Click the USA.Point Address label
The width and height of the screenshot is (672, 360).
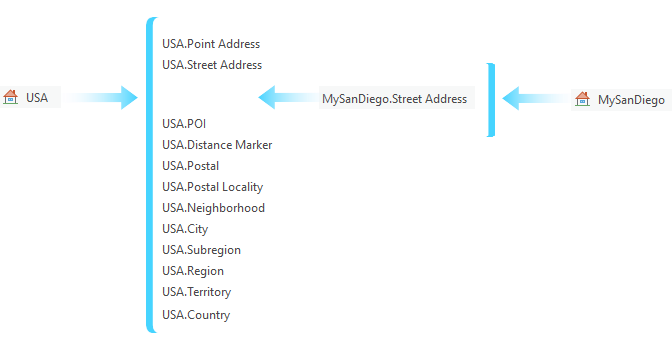210,44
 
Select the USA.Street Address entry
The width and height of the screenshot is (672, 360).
211,65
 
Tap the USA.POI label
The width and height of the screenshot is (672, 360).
183,123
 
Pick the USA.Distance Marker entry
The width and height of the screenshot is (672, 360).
216,145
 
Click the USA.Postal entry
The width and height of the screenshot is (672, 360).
190,166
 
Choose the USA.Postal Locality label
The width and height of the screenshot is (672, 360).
212,187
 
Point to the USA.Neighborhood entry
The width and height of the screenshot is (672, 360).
213,208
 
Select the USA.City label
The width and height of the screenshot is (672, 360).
184,229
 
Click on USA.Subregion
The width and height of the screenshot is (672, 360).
201,250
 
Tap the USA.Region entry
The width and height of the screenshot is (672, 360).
192,271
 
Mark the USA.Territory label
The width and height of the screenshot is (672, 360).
196,292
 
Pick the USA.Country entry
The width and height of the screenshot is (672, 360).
195,315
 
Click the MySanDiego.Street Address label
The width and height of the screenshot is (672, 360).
394,98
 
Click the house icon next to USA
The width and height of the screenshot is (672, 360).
12,97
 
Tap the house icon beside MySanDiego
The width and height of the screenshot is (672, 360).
583,99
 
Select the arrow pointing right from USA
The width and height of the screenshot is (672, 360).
99,97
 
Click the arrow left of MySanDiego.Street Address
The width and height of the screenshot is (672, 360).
288,98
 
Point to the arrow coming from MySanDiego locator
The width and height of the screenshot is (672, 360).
536,98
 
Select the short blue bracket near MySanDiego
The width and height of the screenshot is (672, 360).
491,99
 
